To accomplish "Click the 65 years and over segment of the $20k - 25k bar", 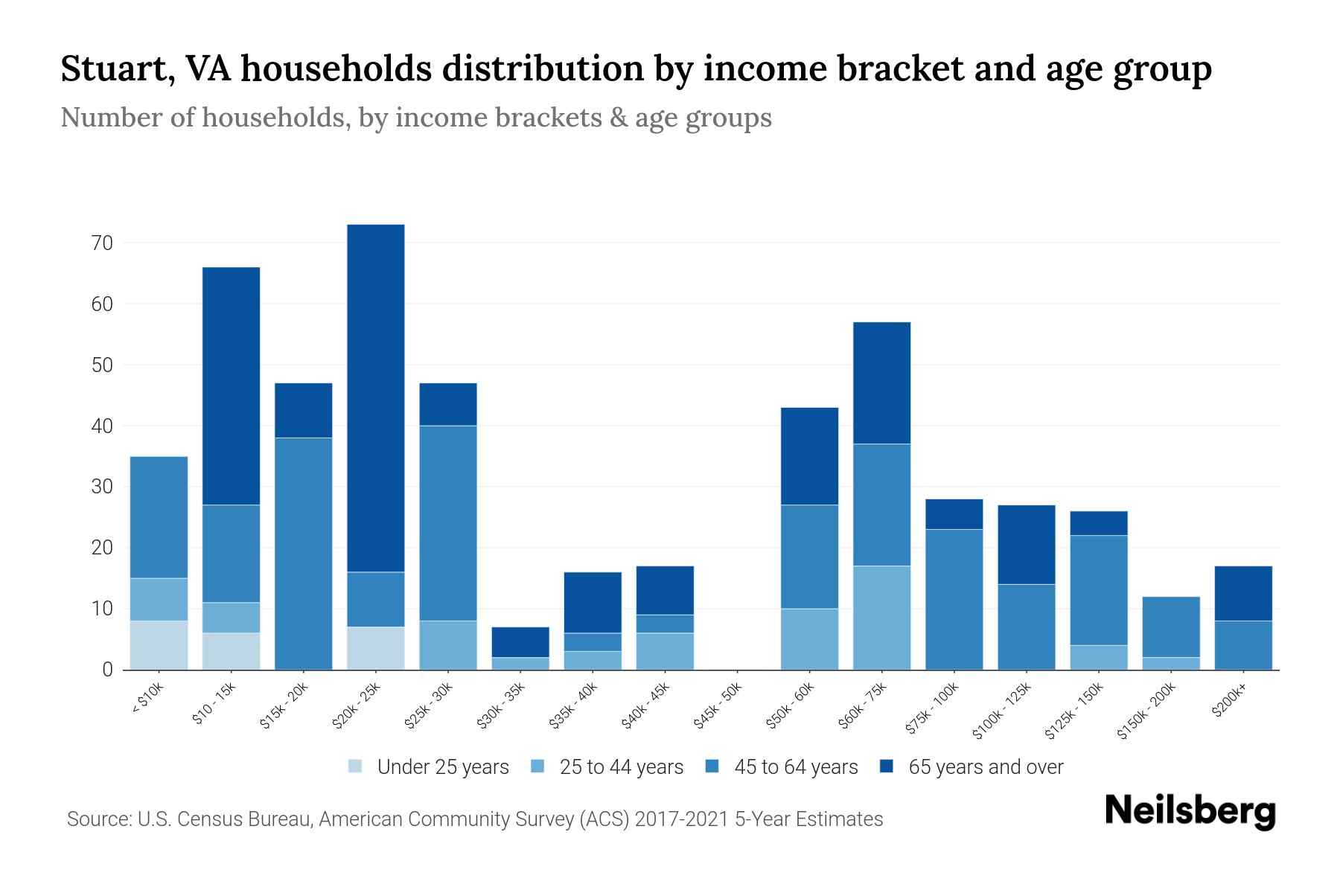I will [375, 398].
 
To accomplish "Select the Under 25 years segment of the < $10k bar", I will [159, 645].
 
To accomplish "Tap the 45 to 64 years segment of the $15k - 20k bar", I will [303, 554].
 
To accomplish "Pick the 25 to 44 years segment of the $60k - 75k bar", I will [881, 618].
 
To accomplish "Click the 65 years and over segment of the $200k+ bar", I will [1242, 593].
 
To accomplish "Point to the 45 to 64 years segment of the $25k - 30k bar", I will [447, 523].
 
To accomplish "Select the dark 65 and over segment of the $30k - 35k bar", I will [520, 641].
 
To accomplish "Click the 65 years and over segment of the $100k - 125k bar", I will [1026, 545].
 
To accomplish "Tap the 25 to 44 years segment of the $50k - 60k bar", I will [809, 639].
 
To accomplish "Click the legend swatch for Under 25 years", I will [356, 766].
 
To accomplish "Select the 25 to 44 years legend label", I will [621, 766].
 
